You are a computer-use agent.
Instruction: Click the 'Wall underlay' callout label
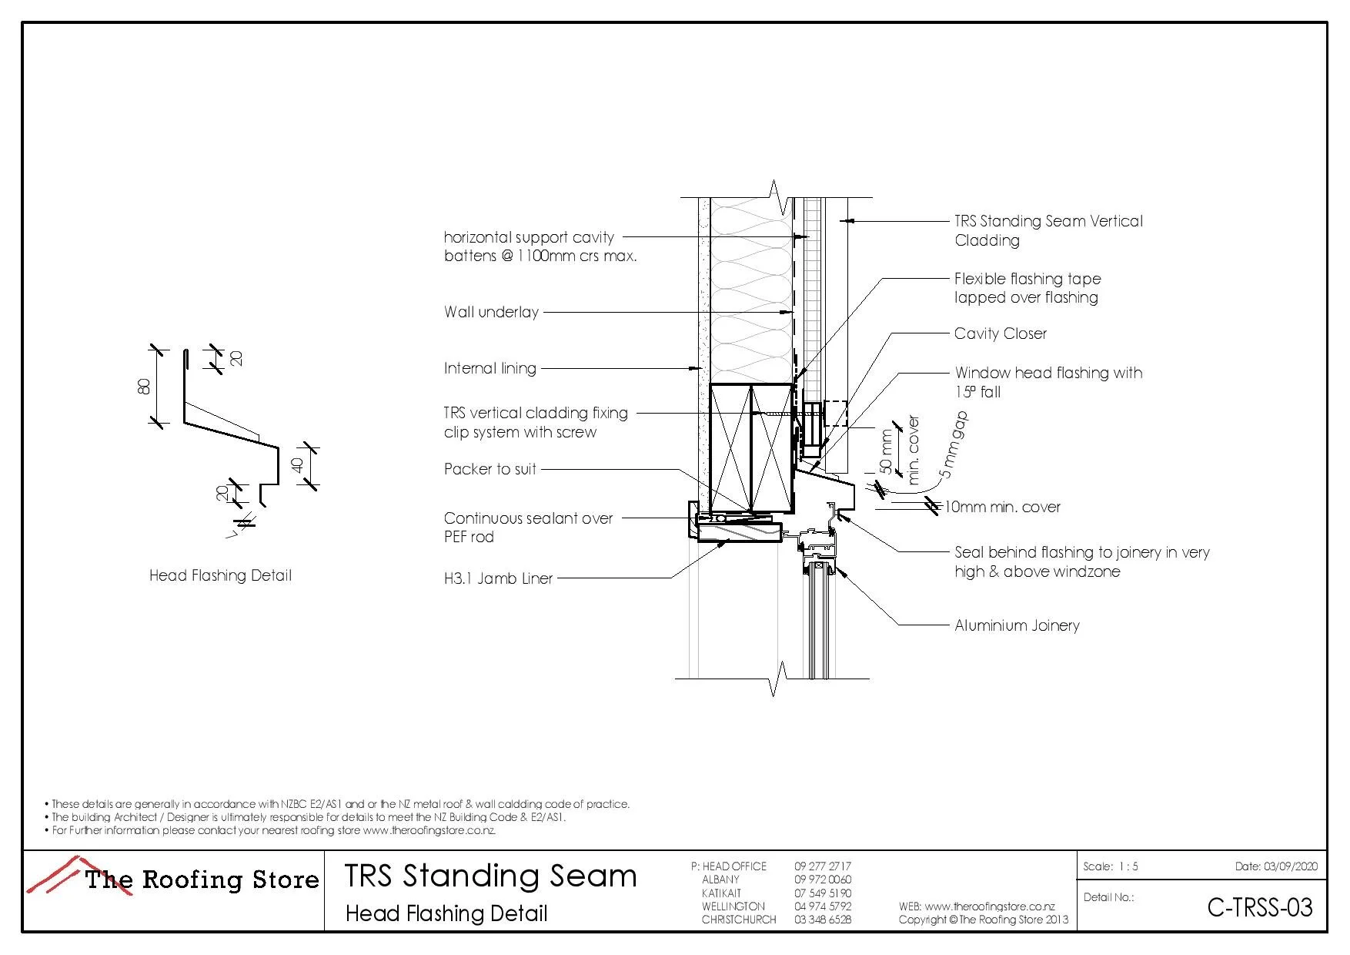(491, 312)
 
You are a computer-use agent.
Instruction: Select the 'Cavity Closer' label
(1000, 333)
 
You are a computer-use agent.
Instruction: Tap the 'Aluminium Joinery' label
(1016, 625)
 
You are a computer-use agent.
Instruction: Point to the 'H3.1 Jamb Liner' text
(498, 578)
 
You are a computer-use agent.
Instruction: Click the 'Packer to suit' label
(490, 469)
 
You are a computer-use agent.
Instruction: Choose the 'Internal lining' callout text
(490, 368)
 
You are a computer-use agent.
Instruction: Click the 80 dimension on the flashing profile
(144, 386)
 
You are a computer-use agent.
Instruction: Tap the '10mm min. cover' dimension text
(1002, 507)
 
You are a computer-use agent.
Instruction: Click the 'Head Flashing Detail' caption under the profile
(220, 575)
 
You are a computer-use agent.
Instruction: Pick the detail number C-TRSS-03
(1259, 907)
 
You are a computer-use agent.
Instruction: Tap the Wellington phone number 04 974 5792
(822, 906)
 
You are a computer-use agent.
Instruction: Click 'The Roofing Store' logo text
(202, 880)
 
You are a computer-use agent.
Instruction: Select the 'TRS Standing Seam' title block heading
(490, 876)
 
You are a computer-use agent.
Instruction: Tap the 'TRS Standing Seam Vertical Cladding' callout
(1048, 230)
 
